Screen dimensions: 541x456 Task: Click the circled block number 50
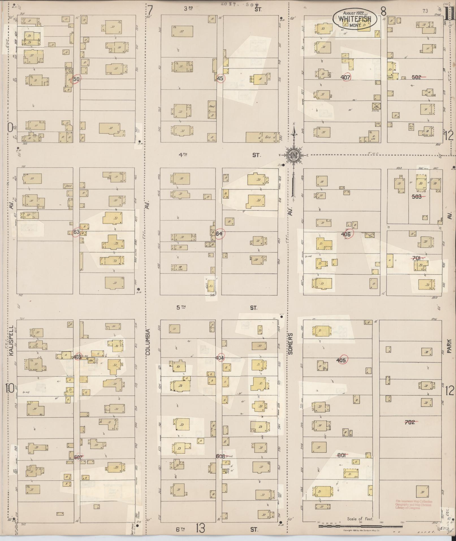click(x=76, y=79)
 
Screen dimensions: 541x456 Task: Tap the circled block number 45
click(x=220, y=78)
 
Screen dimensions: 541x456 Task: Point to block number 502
click(x=417, y=77)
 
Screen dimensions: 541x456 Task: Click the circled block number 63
click(x=76, y=232)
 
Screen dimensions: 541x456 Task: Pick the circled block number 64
click(x=219, y=234)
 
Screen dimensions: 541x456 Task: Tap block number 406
click(x=346, y=234)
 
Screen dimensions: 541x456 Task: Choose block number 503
click(x=417, y=197)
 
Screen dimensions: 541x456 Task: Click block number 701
click(x=417, y=258)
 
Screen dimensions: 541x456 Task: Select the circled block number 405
click(x=342, y=360)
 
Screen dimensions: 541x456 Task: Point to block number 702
click(x=410, y=422)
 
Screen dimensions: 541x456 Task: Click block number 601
click(x=342, y=455)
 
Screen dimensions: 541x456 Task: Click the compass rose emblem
click(x=294, y=155)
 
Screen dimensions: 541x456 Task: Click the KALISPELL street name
click(x=11, y=343)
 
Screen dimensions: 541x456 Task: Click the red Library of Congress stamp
click(x=414, y=505)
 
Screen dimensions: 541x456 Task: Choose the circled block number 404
click(x=220, y=358)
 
